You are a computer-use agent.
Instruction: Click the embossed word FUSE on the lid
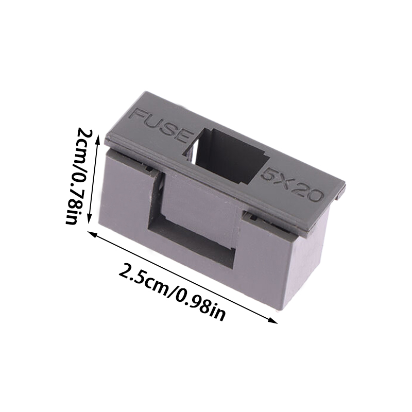pyautogui.click(x=161, y=125)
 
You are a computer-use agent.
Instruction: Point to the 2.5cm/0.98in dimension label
pyautogui.click(x=172, y=292)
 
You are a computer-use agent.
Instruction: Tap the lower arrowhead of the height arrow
pyautogui.click(x=90, y=218)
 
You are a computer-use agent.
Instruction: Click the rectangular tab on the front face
pyautogui.click(x=200, y=200)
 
